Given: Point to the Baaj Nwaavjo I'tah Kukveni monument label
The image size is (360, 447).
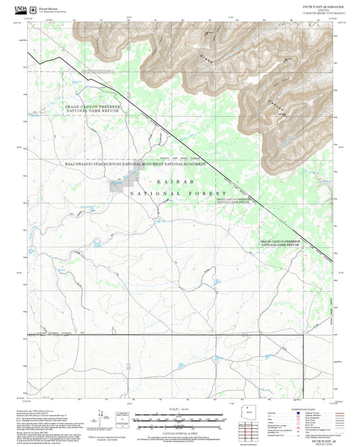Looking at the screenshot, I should (x=134, y=163).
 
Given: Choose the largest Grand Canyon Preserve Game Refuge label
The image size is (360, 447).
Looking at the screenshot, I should (x=93, y=108).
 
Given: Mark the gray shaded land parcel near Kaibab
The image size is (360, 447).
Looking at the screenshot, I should (x=122, y=182).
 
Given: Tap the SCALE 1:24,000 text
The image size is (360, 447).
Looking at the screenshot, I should (x=179, y=409).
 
